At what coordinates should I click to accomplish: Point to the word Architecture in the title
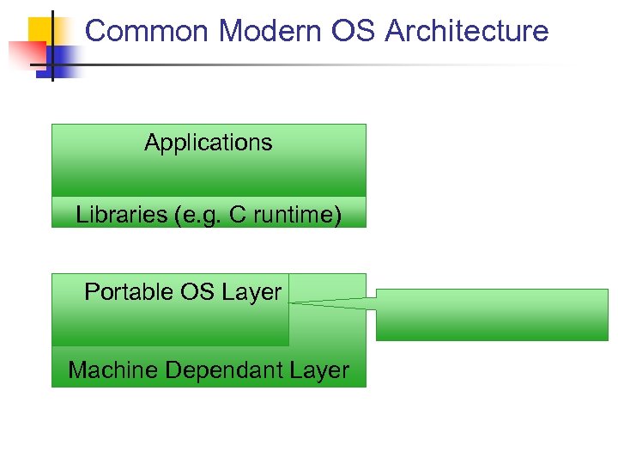[x=467, y=32]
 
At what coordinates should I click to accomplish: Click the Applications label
[x=209, y=143]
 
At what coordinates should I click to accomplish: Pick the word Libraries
[x=121, y=215]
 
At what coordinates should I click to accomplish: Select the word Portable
[x=129, y=292]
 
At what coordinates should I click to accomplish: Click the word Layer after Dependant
[x=319, y=370]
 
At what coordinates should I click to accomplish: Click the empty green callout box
[x=492, y=314]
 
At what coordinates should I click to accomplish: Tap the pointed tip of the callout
[x=290, y=302]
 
